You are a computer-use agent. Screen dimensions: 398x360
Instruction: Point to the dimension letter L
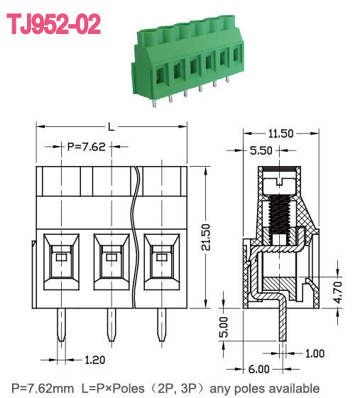(x=111, y=126)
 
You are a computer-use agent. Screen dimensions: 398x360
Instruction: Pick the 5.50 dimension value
(x=263, y=150)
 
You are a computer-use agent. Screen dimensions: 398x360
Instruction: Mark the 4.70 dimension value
(x=338, y=291)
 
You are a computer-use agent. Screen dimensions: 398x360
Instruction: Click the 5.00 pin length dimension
(x=224, y=327)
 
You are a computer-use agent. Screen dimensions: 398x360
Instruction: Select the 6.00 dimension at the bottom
(x=258, y=369)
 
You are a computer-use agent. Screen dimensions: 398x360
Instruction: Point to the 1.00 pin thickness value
(x=317, y=353)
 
